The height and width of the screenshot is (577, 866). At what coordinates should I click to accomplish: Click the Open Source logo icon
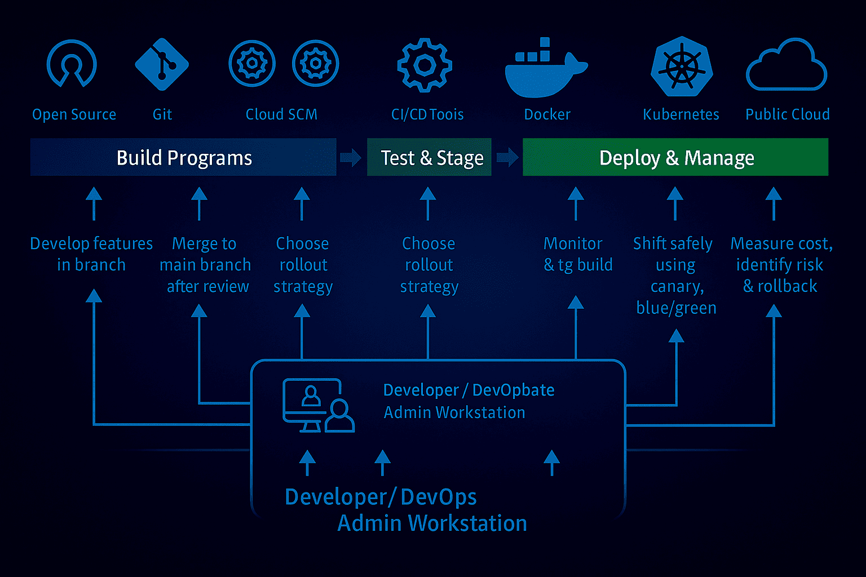click(x=72, y=64)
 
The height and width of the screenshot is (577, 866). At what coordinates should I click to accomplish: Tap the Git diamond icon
click(x=162, y=64)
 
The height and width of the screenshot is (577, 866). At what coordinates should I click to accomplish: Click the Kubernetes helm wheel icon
click(x=682, y=66)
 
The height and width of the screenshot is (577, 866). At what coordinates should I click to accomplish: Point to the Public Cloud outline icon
click(x=787, y=66)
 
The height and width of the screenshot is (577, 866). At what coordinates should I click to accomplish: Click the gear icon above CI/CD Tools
click(x=425, y=65)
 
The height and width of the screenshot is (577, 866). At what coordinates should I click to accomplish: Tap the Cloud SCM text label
click(x=281, y=114)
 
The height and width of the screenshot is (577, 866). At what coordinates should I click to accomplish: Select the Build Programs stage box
click(x=183, y=157)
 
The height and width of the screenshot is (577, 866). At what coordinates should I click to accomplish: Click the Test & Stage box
click(x=429, y=157)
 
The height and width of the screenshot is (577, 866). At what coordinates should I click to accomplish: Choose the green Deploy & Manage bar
click(x=675, y=157)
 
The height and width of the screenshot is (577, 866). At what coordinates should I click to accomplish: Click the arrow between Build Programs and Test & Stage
click(x=351, y=157)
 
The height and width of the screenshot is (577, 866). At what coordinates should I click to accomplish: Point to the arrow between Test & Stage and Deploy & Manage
click(x=507, y=157)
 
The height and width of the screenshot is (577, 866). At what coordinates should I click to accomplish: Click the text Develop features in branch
click(x=91, y=254)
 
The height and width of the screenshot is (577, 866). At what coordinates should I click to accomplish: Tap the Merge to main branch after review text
click(x=205, y=265)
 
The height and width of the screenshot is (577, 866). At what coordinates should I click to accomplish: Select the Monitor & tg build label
click(x=577, y=254)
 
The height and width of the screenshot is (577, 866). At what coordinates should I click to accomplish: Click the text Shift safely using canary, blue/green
click(x=674, y=276)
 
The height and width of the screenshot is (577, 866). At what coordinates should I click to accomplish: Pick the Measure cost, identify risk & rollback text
click(x=781, y=265)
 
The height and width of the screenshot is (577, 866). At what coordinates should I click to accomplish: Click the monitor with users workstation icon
click(x=318, y=405)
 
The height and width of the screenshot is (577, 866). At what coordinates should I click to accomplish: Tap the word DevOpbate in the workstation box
click(x=513, y=390)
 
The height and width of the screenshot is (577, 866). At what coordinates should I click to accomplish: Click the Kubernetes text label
click(x=681, y=114)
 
